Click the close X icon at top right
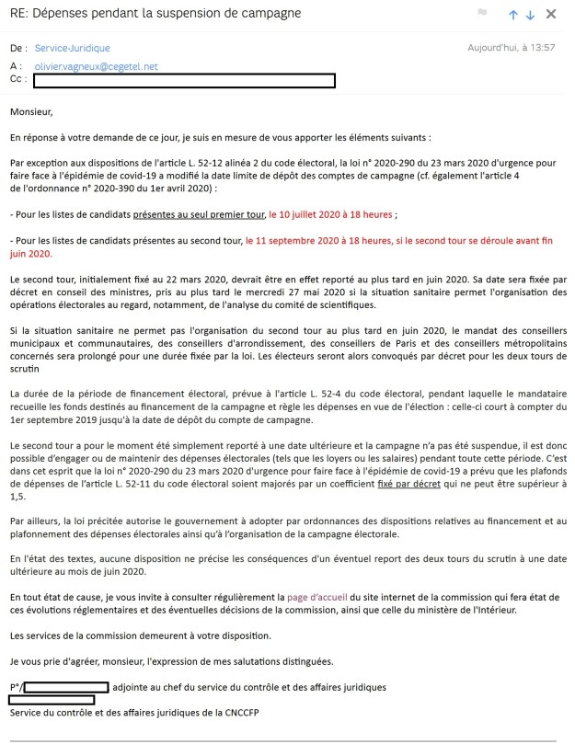(x=551, y=15)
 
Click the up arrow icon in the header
(x=512, y=15)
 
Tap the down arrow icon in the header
(x=530, y=15)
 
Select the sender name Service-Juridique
(x=70, y=47)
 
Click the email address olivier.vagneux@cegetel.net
(x=97, y=67)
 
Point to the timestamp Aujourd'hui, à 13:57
(x=512, y=47)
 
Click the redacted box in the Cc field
(x=184, y=81)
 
